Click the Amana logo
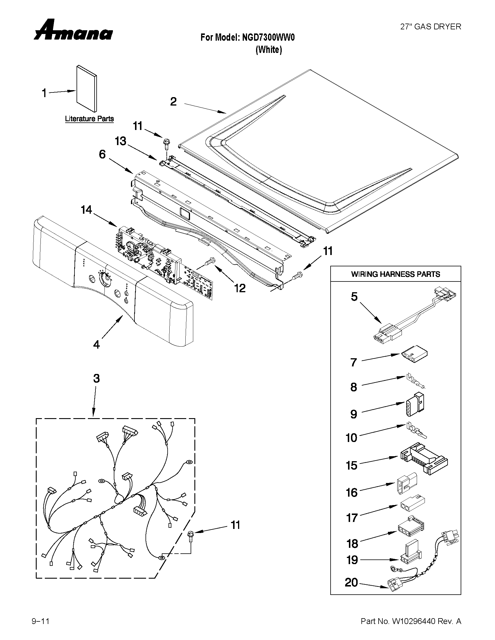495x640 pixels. (73, 31)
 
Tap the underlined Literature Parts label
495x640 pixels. (89, 119)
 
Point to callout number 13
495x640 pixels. (120, 141)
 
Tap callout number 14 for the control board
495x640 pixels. (86, 210)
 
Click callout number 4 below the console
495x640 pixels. (96, 344)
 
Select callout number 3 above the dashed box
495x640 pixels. (97, 379)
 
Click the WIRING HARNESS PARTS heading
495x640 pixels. (395, 274)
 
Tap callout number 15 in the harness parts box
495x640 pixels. (352, 465)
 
